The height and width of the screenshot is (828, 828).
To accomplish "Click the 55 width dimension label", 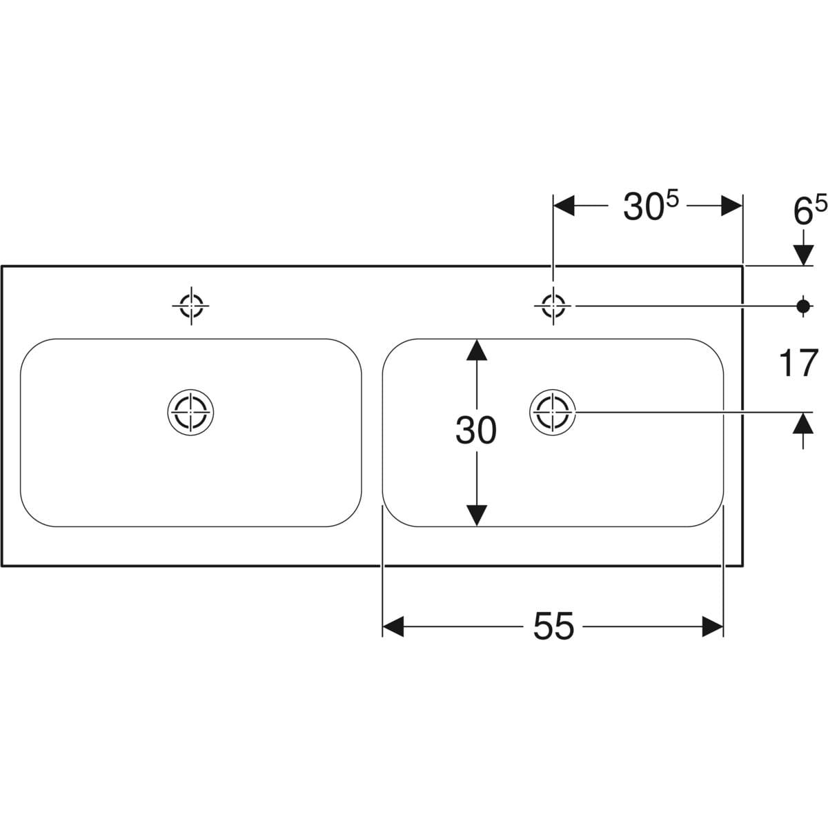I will (553, 627).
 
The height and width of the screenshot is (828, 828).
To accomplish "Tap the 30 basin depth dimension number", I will (476, 432).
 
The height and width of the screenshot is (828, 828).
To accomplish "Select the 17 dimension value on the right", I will (798, 363).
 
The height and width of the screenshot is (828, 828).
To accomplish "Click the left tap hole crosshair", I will (191, 304).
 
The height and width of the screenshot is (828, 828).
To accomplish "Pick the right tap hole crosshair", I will (553, 304).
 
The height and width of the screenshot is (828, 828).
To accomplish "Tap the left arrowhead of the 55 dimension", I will (393, 627).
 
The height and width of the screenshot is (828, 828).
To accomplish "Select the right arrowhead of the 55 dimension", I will (713, 627).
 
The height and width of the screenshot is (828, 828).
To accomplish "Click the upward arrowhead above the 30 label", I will (476, 350).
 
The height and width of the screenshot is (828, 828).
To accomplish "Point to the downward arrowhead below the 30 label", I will (476, 515).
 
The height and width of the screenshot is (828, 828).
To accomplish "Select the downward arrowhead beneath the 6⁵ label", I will (803, 255).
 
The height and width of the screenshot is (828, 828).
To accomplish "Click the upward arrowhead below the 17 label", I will (803, 422).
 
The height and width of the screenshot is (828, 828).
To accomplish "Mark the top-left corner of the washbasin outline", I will (2, 266).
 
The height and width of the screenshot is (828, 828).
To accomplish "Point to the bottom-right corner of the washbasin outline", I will (743, 566).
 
